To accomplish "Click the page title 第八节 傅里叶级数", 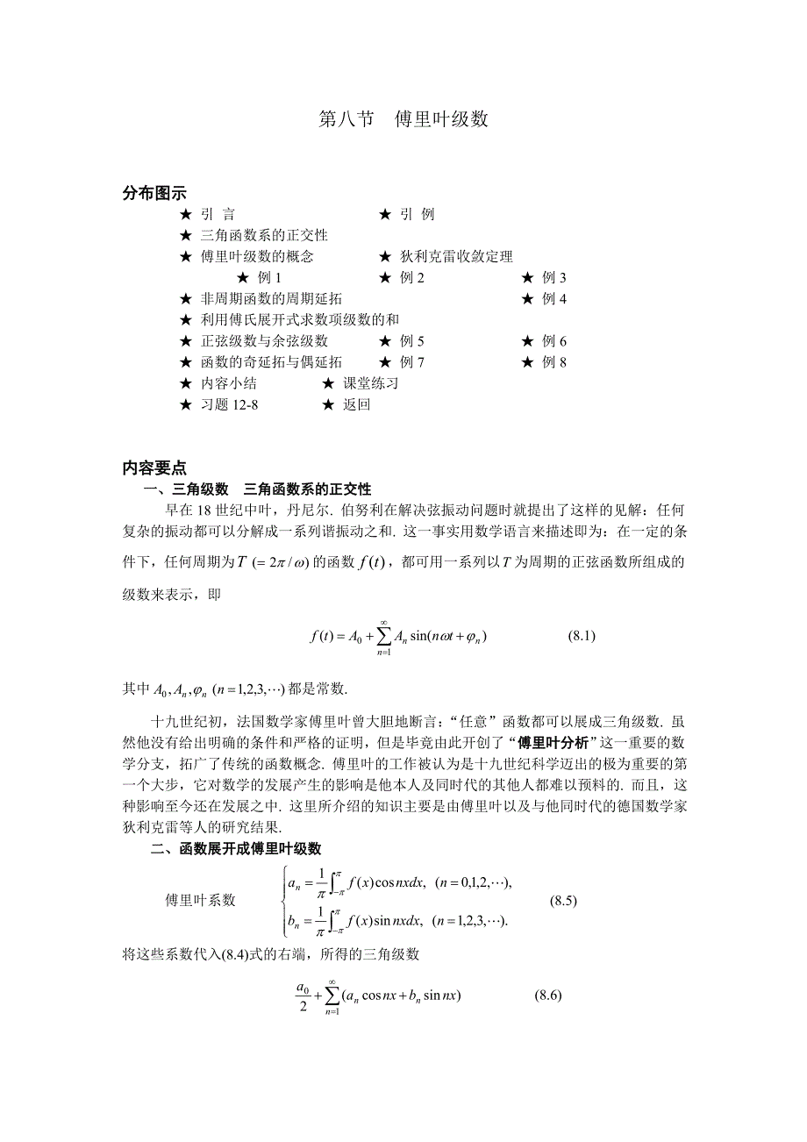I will coord(403,120).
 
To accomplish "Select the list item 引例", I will coord(417,214).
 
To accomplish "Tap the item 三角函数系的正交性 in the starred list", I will coord(263,235).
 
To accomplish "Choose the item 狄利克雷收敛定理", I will coord(456,256).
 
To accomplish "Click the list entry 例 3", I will coord(553,277).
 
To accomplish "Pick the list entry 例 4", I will coord(553,298).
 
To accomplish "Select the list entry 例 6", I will coord(553,341).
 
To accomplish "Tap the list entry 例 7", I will coord(411,362).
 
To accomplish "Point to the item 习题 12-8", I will coord(229,404).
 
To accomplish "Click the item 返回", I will coord(356,404).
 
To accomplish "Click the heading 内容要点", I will coord(154,468).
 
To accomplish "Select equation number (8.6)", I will coord(547,996).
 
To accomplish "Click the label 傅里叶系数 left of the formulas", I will coord(200,900).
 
